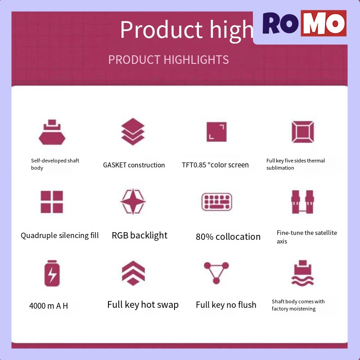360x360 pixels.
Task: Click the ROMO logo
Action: (305, 23)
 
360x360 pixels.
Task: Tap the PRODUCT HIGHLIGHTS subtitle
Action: (168, 60)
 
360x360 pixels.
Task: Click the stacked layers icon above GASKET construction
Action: (133, 131)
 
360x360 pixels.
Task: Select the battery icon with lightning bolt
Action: (52, 273)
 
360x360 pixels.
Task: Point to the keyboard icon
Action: (217, 202)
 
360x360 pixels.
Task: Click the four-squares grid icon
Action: (52, 202)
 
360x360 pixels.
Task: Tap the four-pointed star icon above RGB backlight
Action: (133, 202)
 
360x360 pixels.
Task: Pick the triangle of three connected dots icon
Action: (216, 273)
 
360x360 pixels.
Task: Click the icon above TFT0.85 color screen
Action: (216, 132)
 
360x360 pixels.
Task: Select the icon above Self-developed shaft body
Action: (52, 132)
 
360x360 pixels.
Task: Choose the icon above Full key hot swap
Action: (133, 273)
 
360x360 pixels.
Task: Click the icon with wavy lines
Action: (302, 273)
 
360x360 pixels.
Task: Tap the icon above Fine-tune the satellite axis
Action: (302, 202)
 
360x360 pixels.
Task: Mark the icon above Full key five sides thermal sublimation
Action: (303, 132)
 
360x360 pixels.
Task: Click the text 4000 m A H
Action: (49, 306)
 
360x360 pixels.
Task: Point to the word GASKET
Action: (115, 165)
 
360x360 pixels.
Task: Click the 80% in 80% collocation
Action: (205, 237)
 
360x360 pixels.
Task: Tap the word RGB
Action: (120, 235)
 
